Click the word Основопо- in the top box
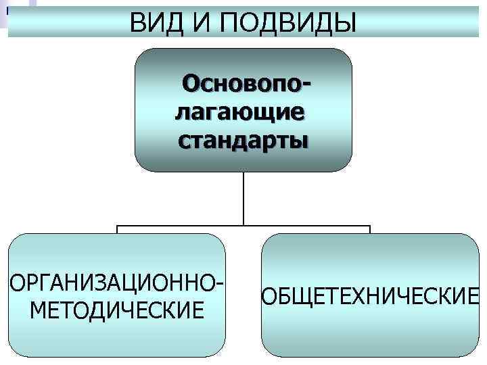coord(249,85)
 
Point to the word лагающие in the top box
coord(240,112)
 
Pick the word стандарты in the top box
coord(243,140)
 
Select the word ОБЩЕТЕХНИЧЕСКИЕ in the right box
coord(370,297)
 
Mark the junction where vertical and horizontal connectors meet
coord(243,225)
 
